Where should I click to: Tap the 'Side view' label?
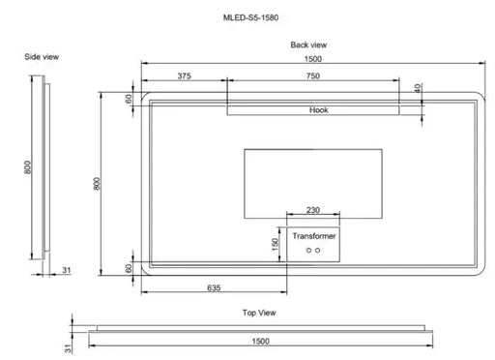pos(42,57)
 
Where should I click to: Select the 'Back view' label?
pos(308,45)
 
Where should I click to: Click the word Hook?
pos(319,110)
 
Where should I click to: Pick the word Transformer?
pos(313,235)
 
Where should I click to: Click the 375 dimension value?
pos(184,76)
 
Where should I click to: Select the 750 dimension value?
pos(313,76)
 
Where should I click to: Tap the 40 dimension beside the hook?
pos(418,88)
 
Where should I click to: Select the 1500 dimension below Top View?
pos(260,342)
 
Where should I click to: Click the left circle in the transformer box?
pos(308,250)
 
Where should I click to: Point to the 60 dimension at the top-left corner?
pos(127,99)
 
